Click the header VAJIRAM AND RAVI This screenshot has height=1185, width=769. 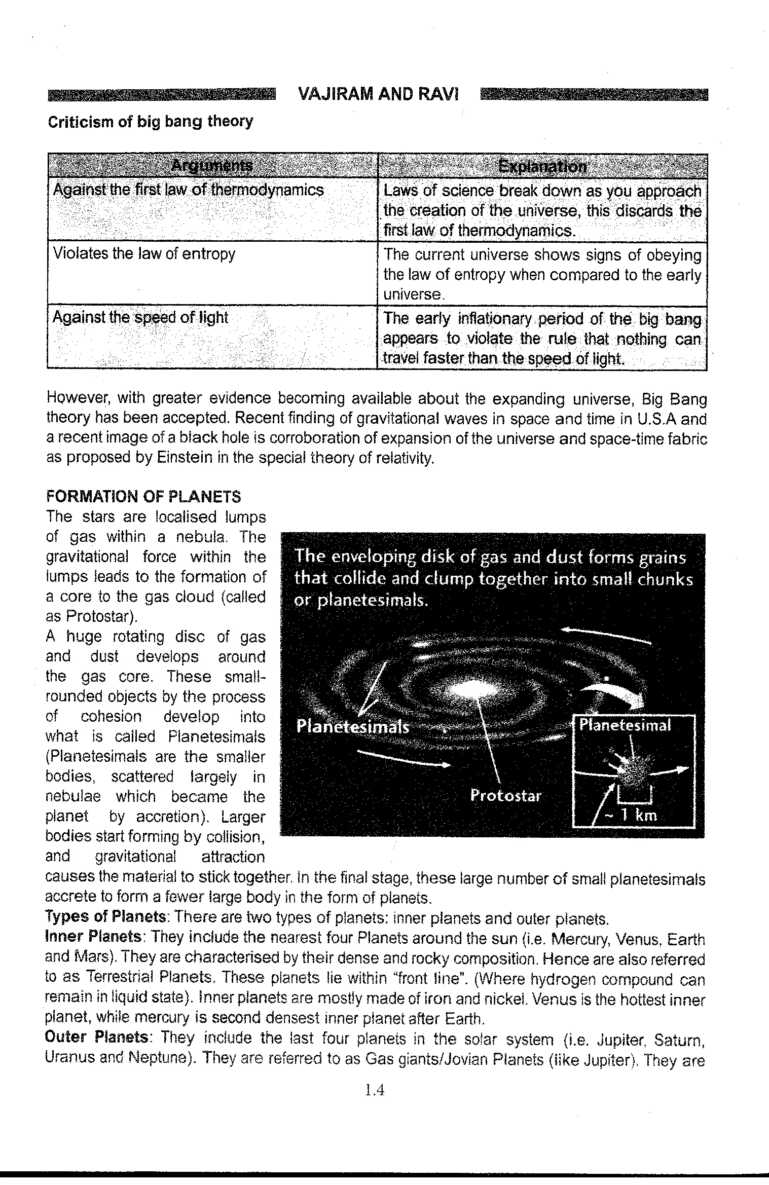pos(378,95)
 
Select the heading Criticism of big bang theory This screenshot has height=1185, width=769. pos(150,122)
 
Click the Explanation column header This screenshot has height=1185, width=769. pos(542,166)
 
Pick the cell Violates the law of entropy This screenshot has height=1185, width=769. pos(144,253)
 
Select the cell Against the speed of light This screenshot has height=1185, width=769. pos(140,317)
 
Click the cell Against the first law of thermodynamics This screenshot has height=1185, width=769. pos(188,190)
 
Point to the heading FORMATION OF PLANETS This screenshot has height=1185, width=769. pos(143,496)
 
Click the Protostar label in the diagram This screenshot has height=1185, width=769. pos(505,795)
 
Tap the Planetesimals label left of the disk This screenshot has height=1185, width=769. pos(352,727)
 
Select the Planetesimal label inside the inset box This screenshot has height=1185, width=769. pos(625,725)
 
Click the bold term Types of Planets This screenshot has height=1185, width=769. pos(106,917)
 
